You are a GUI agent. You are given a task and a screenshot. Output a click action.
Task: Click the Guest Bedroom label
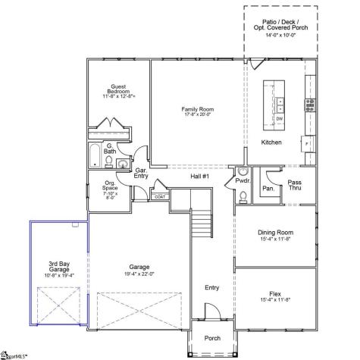point(117,89)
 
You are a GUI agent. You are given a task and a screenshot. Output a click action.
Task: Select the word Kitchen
point(271,142)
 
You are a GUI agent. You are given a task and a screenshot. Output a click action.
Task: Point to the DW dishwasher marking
point(279,118)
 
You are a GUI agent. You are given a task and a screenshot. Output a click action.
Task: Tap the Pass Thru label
point(295,184)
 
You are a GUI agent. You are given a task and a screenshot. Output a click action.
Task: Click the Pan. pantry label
point(268,188)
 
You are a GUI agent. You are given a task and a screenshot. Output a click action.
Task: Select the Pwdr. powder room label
point(243,182)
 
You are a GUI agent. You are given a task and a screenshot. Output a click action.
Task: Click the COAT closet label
point(160,197)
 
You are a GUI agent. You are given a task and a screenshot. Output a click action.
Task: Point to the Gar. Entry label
point(141,174)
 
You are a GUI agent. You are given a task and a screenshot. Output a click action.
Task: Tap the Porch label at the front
point(213,337)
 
